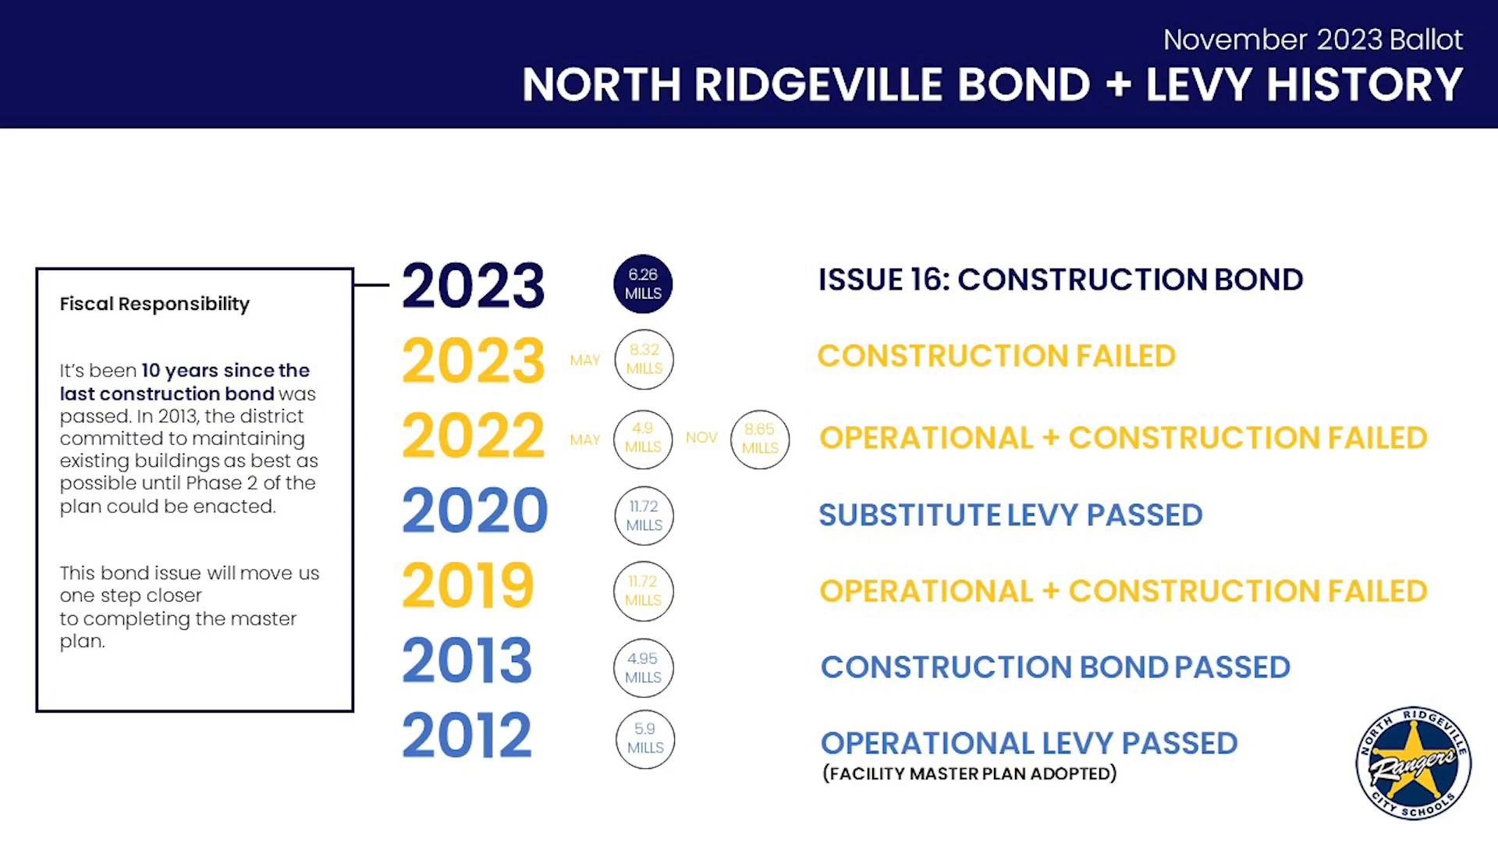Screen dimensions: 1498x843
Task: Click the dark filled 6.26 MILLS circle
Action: point(643,284)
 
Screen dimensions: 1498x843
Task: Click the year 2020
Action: point(474,510)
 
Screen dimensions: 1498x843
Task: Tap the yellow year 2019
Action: point(468,585)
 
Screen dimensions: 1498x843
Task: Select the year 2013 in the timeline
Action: point(467,660)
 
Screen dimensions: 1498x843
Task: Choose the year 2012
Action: point(467,735)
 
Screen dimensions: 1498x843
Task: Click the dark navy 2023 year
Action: point(473,286)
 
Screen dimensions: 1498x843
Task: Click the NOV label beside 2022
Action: point(701,438)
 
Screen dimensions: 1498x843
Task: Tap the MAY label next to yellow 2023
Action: point(585,361)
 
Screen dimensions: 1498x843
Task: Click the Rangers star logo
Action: point(1414,763)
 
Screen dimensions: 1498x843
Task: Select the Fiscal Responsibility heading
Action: point(154,304)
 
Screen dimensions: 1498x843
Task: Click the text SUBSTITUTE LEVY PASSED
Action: point(1010,515)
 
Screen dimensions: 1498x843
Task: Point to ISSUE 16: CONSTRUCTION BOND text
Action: point(1060,279)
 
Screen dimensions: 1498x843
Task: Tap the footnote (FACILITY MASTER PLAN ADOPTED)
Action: point(970,774)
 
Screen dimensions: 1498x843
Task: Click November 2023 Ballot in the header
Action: point(1313,40)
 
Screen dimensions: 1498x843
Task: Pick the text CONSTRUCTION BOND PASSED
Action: point(1056,667)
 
